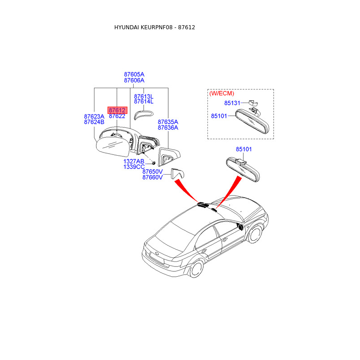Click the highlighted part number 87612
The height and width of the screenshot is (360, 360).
[117, 110]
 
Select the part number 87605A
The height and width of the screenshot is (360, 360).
[134, 74]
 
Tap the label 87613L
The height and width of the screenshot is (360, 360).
[144, 96]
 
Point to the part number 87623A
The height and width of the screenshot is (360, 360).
[94, 116]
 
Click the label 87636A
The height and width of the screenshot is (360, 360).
[168, 128]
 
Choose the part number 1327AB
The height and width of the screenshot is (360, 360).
[134, 161]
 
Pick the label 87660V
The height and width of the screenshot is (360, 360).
[153, 178]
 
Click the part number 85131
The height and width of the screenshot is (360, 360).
[233, 103]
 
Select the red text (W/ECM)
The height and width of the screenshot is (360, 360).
[221, 93]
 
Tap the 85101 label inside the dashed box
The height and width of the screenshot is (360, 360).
[220, 116]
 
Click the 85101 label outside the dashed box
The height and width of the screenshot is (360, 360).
[244, 149]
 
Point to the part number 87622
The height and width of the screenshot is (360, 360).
[117, 116]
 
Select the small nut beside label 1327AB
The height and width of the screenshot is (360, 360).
[153, 162]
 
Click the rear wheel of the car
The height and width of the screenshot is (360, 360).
[197, 269]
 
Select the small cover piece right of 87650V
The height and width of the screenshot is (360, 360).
[178, 173]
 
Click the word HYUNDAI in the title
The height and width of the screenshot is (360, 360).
[126, 27]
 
